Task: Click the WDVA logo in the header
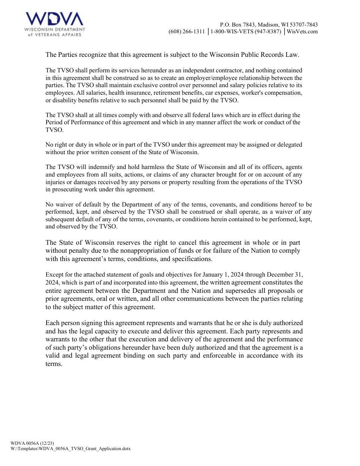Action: point(55,24)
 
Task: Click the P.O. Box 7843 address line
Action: point(269,24)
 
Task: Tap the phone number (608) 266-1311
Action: point(186,31)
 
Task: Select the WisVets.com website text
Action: point(302,31)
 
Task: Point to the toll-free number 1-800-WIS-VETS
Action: point(246,31)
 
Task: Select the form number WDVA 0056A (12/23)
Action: point(30,443)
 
